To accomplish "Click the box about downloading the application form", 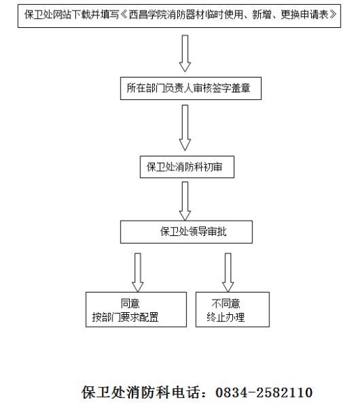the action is (x=179, y=16).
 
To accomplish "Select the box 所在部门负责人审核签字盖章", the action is (x=190, y=89).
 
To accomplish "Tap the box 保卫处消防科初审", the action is (x=187, y=167).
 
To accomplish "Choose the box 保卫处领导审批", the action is (x=186, y=232).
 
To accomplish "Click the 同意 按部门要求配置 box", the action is (x=136, y=309).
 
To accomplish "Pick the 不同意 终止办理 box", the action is (x=232, y=309).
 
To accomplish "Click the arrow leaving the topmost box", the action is (x=185, y=54).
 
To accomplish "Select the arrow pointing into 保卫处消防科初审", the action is (x=185, y=128).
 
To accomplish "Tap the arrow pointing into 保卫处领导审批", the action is (x=185, y=201).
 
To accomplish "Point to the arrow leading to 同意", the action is (x=138, y=272).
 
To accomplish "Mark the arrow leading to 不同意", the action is (x=228, y=272).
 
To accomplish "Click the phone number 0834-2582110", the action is (x=264, y=392).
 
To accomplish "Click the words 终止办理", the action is (x=225, y=318).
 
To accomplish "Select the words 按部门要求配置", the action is (x=126, y=318).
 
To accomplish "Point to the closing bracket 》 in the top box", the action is (x=333, y=15).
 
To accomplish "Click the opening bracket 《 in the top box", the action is (x=124, y=15).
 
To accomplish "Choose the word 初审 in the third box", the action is (x=213, y=167).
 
